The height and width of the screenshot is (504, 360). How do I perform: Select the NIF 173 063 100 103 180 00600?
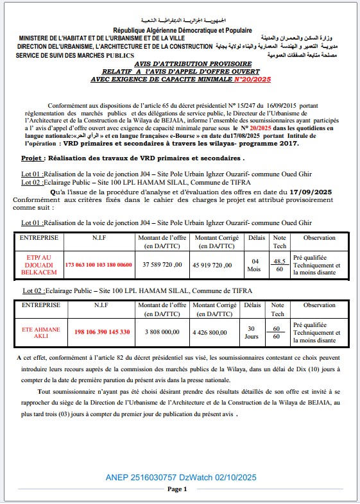98,264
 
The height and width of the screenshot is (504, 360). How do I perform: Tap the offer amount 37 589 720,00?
160,264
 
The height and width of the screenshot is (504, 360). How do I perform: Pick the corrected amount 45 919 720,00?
218,264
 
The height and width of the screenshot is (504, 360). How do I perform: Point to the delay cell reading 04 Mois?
255,264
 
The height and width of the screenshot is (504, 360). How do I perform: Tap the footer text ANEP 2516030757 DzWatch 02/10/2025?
180,477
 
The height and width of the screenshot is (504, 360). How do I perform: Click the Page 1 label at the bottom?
176,489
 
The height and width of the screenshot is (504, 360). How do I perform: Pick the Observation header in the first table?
319,237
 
